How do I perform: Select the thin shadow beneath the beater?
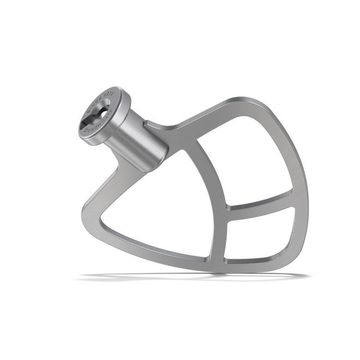click(x=189, y=275)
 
